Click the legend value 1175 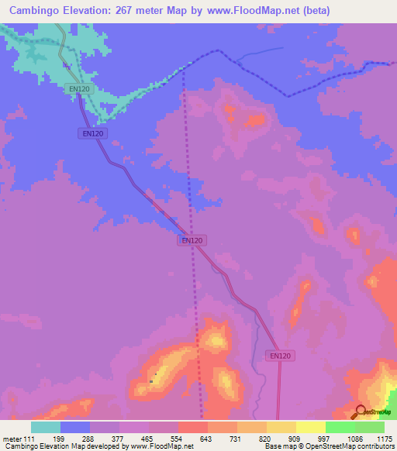[x=385, y=439]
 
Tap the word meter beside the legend [x=11, y=439]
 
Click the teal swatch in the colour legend [x=46, y=427]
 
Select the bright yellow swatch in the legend [x=311, y=427]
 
